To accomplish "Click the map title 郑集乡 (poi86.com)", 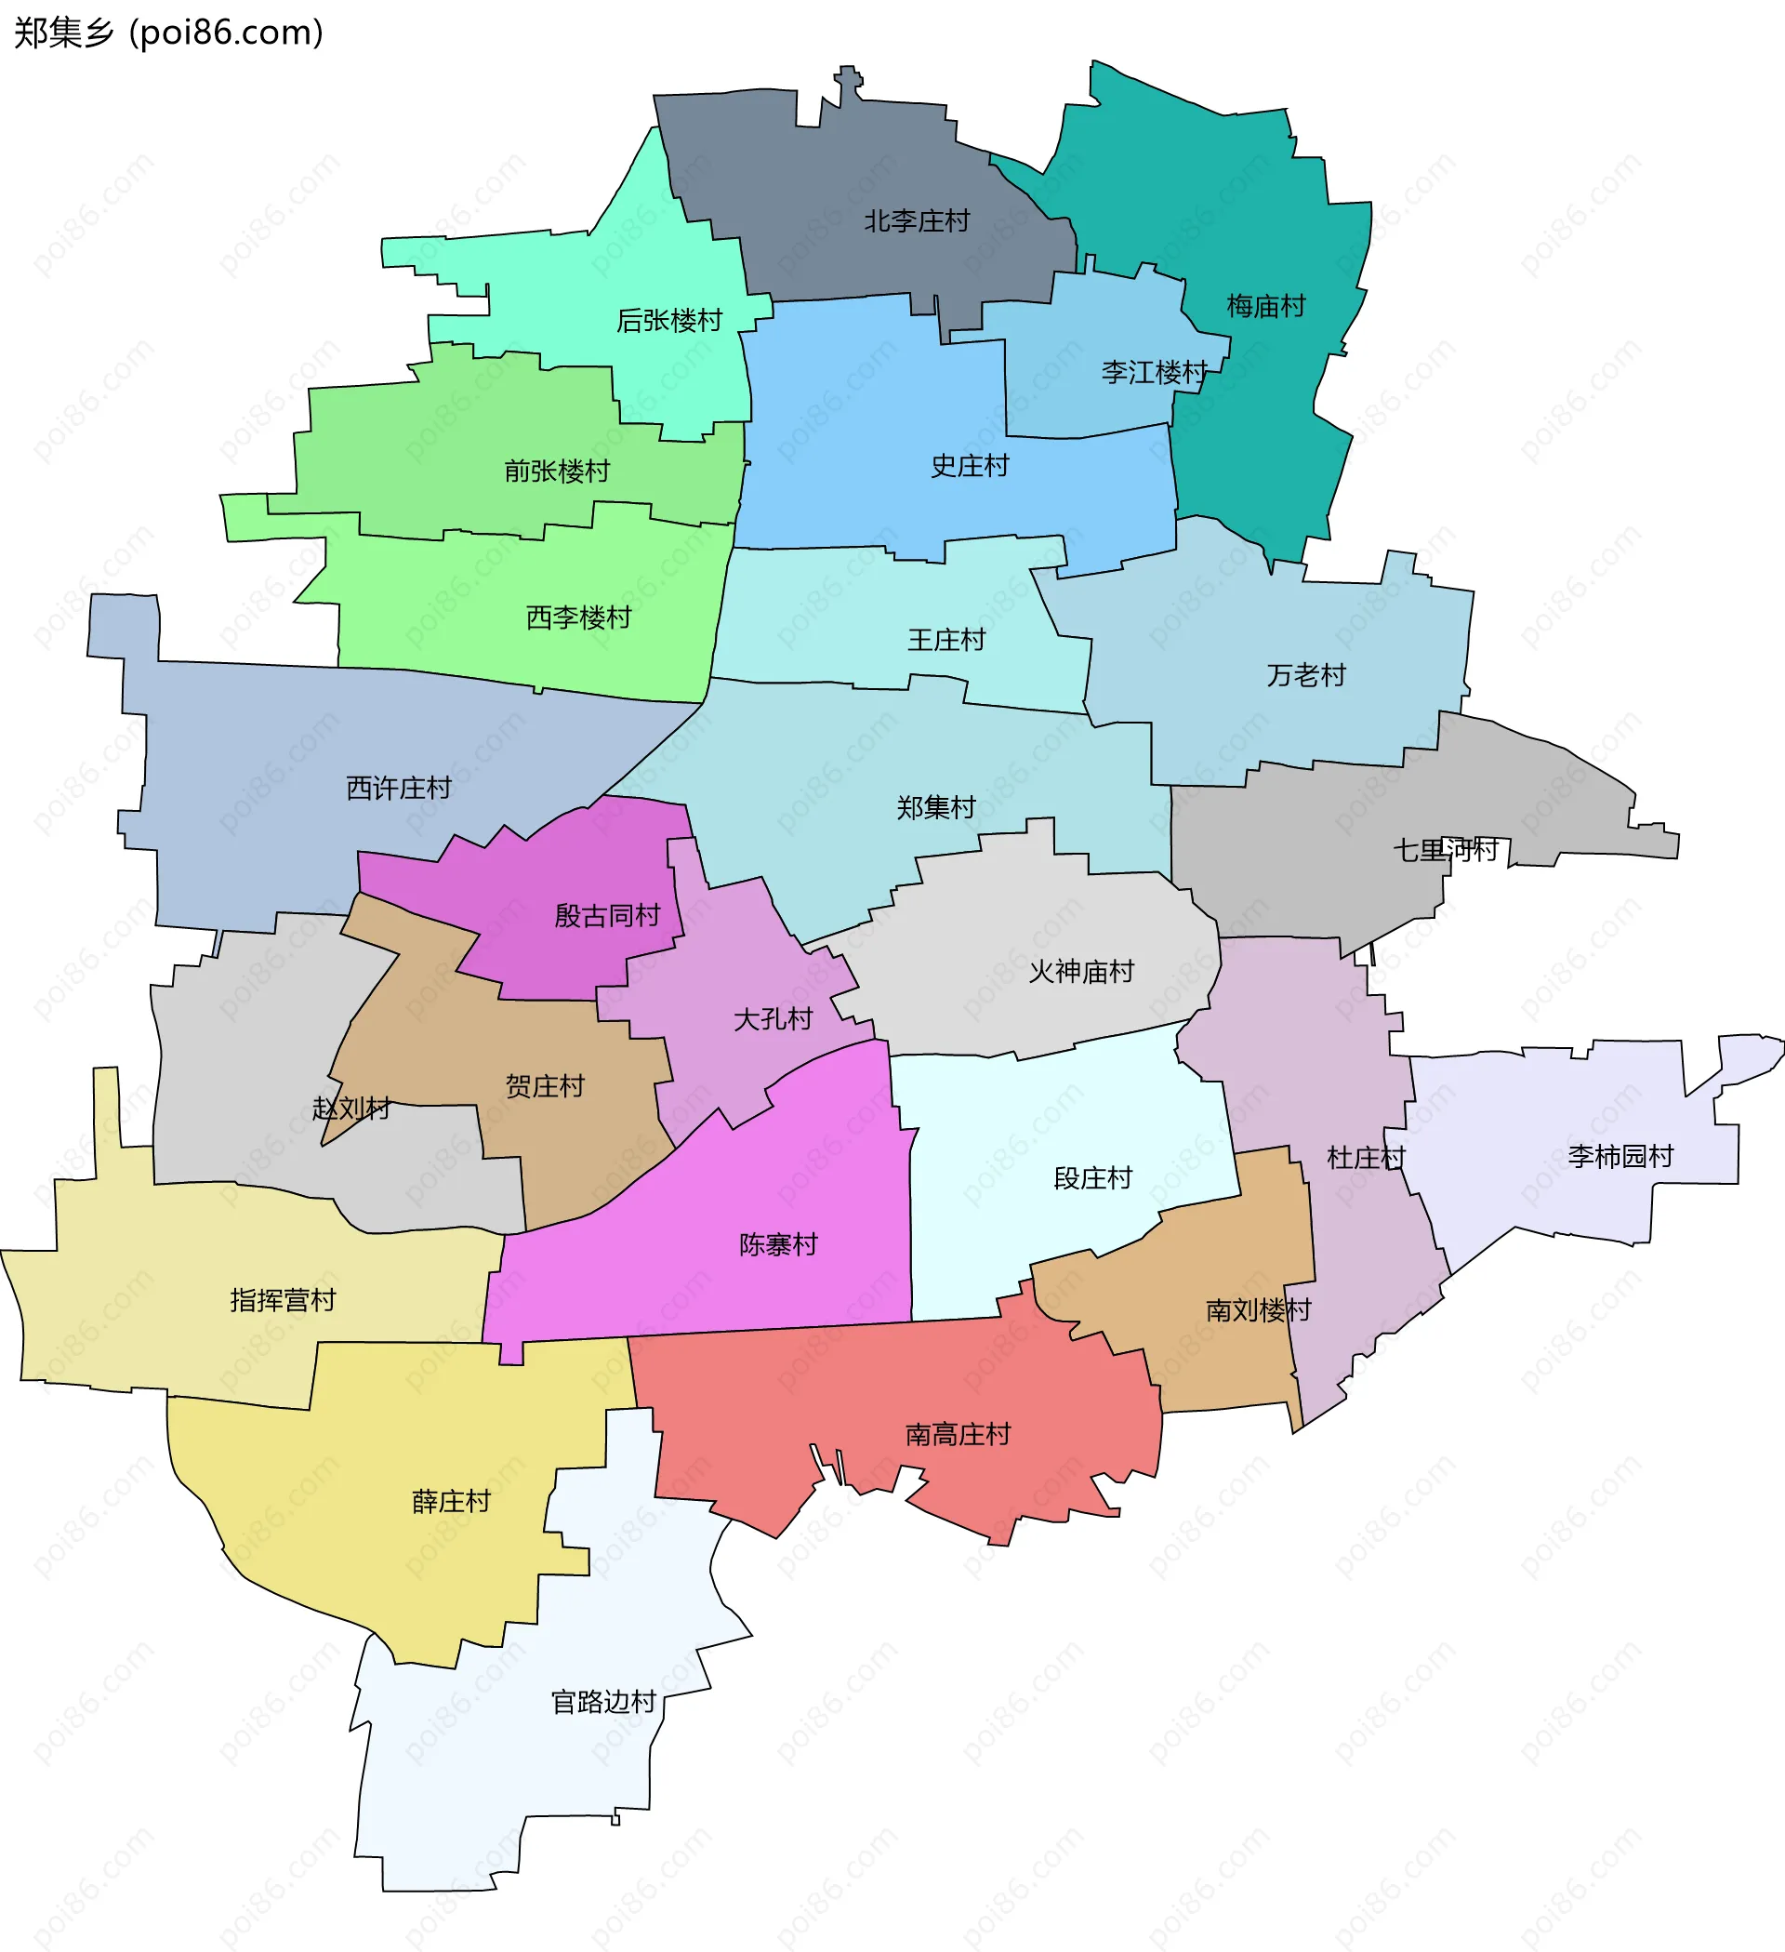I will pos(168,33).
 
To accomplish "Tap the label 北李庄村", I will pos(917,221).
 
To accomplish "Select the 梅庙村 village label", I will pos(1266,307).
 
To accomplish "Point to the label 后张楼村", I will pos(670,321).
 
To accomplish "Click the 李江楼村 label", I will pos(1154,373).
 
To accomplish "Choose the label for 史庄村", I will pos(970,467).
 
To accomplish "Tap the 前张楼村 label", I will pos(558,471).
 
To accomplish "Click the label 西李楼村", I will pos(579,617).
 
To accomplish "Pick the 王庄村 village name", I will pos(946,640).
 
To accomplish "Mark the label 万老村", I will pos(1307,676).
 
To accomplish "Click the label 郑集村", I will pos(936,807).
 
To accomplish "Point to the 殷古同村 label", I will pos(608,916).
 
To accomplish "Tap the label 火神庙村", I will pos(1081,972).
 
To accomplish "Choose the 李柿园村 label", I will pos(1621,1157).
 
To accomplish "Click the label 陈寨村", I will pos(779,1245).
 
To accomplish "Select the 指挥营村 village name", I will pos(284,1300).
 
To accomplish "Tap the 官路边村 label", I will pos(604,1702).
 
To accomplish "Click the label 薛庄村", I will pos(452,1502).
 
